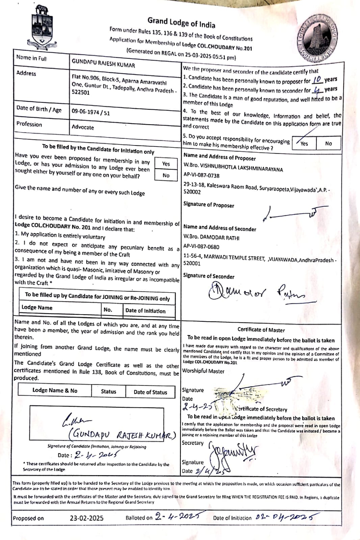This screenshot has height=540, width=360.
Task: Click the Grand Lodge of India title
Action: [x=181, y=23]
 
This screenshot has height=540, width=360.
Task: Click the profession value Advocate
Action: [x=83, y=127]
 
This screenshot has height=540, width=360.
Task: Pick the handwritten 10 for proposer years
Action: [x=317, y=80]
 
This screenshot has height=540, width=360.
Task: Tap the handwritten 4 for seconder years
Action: [x=317, y=90]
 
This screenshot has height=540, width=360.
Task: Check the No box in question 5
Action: [x=328, y=143]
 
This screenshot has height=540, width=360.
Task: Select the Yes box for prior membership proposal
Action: [x=166, y=164]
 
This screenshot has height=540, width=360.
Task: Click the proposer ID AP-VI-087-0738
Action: [x=201, y=175]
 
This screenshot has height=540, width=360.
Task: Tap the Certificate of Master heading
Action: [x=261, y=330]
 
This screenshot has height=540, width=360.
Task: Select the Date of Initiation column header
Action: [x=145, y=311]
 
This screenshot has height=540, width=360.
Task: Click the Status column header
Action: [x=108, y=391]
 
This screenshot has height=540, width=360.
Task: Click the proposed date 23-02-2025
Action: [x=86, y=518]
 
